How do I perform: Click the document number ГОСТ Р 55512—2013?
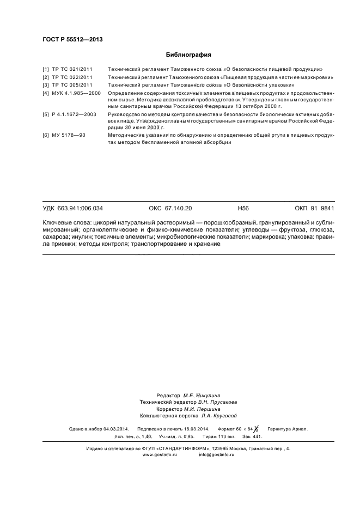[x=72, y=40]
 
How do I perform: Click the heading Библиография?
[x=188, y=54]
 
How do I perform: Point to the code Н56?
[x=243, y=209]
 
